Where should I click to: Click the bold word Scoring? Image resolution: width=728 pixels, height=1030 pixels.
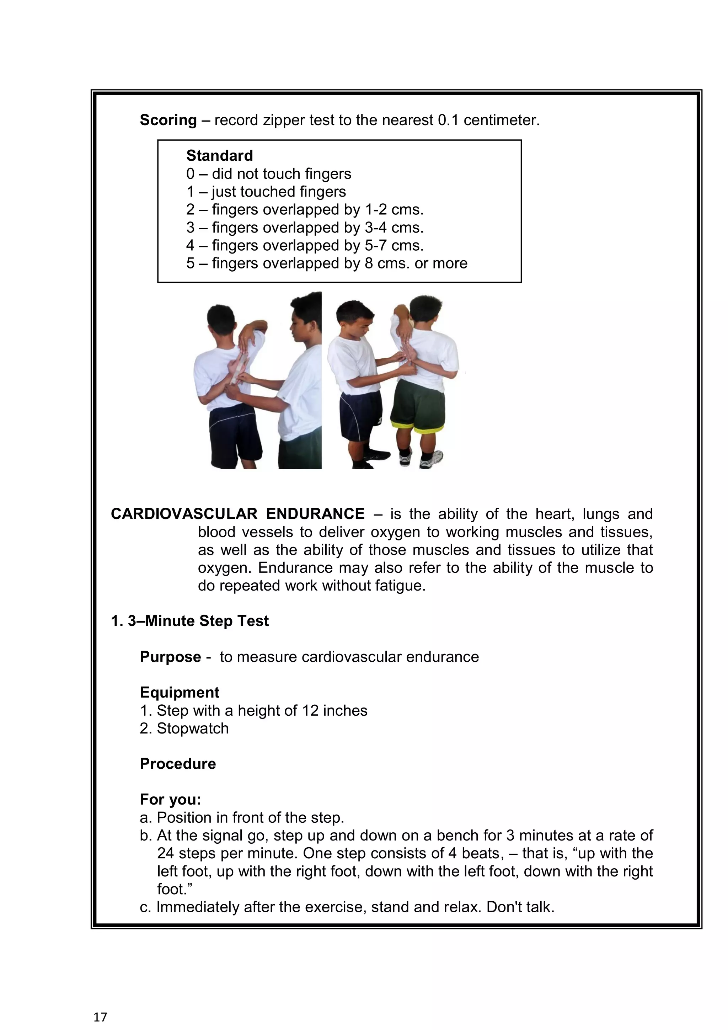168,120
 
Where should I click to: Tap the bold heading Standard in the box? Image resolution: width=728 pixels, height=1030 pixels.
219,156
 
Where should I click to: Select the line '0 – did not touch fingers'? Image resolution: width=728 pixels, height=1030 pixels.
269,174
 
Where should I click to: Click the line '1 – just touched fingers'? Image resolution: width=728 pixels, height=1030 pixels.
266,192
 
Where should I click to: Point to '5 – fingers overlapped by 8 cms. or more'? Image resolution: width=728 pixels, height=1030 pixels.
327,263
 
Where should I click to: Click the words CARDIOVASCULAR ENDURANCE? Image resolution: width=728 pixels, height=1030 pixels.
237,514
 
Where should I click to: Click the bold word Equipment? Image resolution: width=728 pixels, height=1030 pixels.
180,693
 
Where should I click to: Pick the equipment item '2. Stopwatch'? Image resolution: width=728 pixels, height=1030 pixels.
184,729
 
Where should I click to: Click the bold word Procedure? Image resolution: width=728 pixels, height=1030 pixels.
178,764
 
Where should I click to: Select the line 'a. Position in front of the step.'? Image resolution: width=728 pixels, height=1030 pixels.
242,818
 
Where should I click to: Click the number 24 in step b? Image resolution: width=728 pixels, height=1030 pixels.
165,854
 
